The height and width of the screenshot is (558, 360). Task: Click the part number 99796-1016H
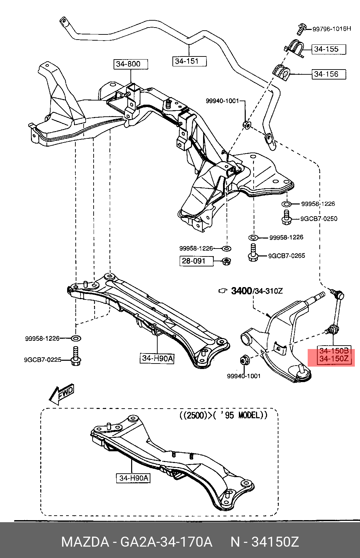click(x=331, y=29)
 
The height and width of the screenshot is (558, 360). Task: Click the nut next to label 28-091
click(x=226, y=261)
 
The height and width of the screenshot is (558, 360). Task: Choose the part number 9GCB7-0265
click(x=286, y=256)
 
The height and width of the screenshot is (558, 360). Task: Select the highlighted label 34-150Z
click(x=334, y=359)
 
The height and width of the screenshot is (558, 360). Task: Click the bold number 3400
click(x=241, y=291)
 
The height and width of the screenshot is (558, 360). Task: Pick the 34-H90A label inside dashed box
click(x=133, y=478)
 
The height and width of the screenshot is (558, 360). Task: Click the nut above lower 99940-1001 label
click(x=244, y=360)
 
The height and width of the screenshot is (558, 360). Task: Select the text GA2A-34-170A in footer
click(x=166, y=542)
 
